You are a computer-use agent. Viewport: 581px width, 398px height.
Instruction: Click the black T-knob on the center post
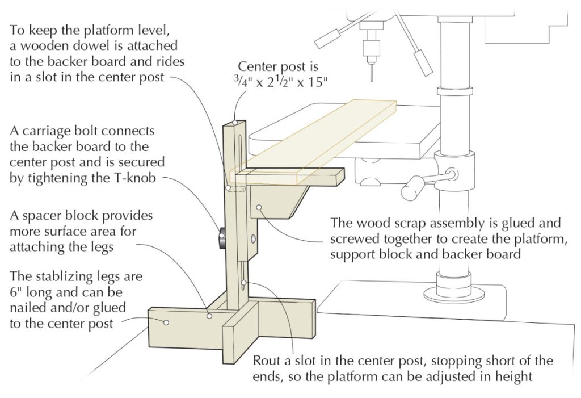pos(220,239)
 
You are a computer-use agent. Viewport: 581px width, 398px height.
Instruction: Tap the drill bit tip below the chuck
pos(371,74)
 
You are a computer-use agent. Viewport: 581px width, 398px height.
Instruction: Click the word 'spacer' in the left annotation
pos(43,217)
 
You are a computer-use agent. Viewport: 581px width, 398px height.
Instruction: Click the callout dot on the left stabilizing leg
pos(166,322)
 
